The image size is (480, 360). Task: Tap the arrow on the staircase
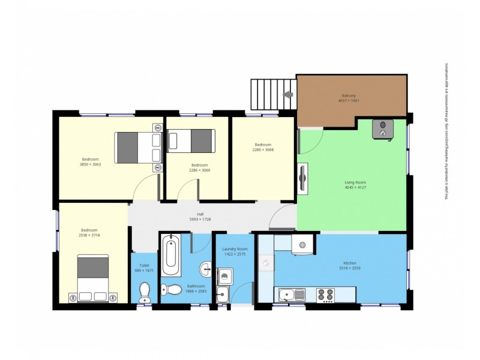(x=288, y=94)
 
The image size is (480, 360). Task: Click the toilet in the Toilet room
(x=145, y=292)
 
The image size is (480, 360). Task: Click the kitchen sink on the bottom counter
(x=290, y=294)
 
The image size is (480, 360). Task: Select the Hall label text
(x=200, y=214)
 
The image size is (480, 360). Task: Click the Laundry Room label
(x=235, y=249)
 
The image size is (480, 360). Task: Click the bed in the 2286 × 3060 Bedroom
(x=192, y=141)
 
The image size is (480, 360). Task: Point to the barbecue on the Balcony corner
(x=382, y=128)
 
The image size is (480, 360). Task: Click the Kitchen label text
(x=350, y=263)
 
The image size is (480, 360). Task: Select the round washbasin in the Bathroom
(x=205, y=268)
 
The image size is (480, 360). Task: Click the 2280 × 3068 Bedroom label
(x=263, y=145)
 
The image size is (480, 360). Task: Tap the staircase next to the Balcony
(x=272, y=95)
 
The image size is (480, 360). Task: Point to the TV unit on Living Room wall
(x=303, y=178)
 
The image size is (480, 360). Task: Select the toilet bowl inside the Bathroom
(x=173, y=289)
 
